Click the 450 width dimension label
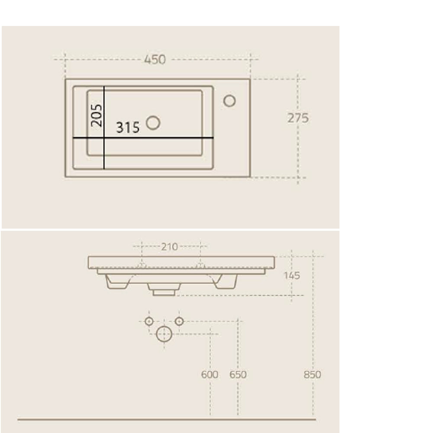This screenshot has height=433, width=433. pyautogui.click(x=155, y=60)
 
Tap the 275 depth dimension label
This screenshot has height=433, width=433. pyautogui.click(x=298, y=118)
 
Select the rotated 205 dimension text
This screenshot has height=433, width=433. pyautogui.click(x=97, y=116)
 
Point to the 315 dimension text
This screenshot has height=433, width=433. pyautogui.click(x=128, y=128)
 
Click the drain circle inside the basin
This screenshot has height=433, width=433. pyautogui.click(x=153, y=123)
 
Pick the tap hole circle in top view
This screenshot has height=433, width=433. pyautogui.click(x=229, y=101)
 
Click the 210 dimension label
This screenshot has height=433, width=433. pyautogui.click(x=170, y=247)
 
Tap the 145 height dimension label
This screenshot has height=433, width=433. pyautogui.click(x=292, y=275)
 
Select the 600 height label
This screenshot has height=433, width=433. pyautogui.click(x=210, y=375)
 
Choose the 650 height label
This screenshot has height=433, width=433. pyautogui.click(x=238, y=375)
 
